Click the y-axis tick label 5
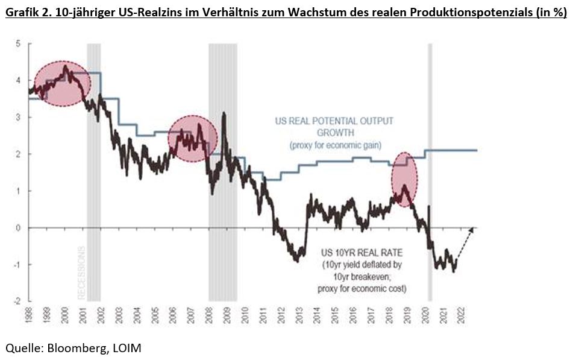[19, 44]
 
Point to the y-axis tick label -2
[17, 300]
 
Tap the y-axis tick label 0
[19, 227]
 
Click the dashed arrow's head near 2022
[472, 228]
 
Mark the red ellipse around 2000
[62, 83]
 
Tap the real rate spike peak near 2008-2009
[224, 113]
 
